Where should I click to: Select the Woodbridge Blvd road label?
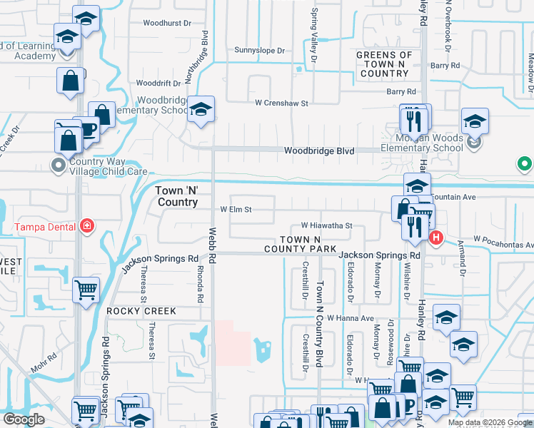(319, 151)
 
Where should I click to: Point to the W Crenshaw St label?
(281, 103)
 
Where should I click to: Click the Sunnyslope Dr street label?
(260, 51)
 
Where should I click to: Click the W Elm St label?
(236, 210)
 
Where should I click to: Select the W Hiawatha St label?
(326, 225)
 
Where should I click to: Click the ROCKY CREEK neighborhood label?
(141, 312)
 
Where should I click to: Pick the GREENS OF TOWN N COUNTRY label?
(384, 64)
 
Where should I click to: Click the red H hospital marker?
(436, 238)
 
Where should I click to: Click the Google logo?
(24, 419)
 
